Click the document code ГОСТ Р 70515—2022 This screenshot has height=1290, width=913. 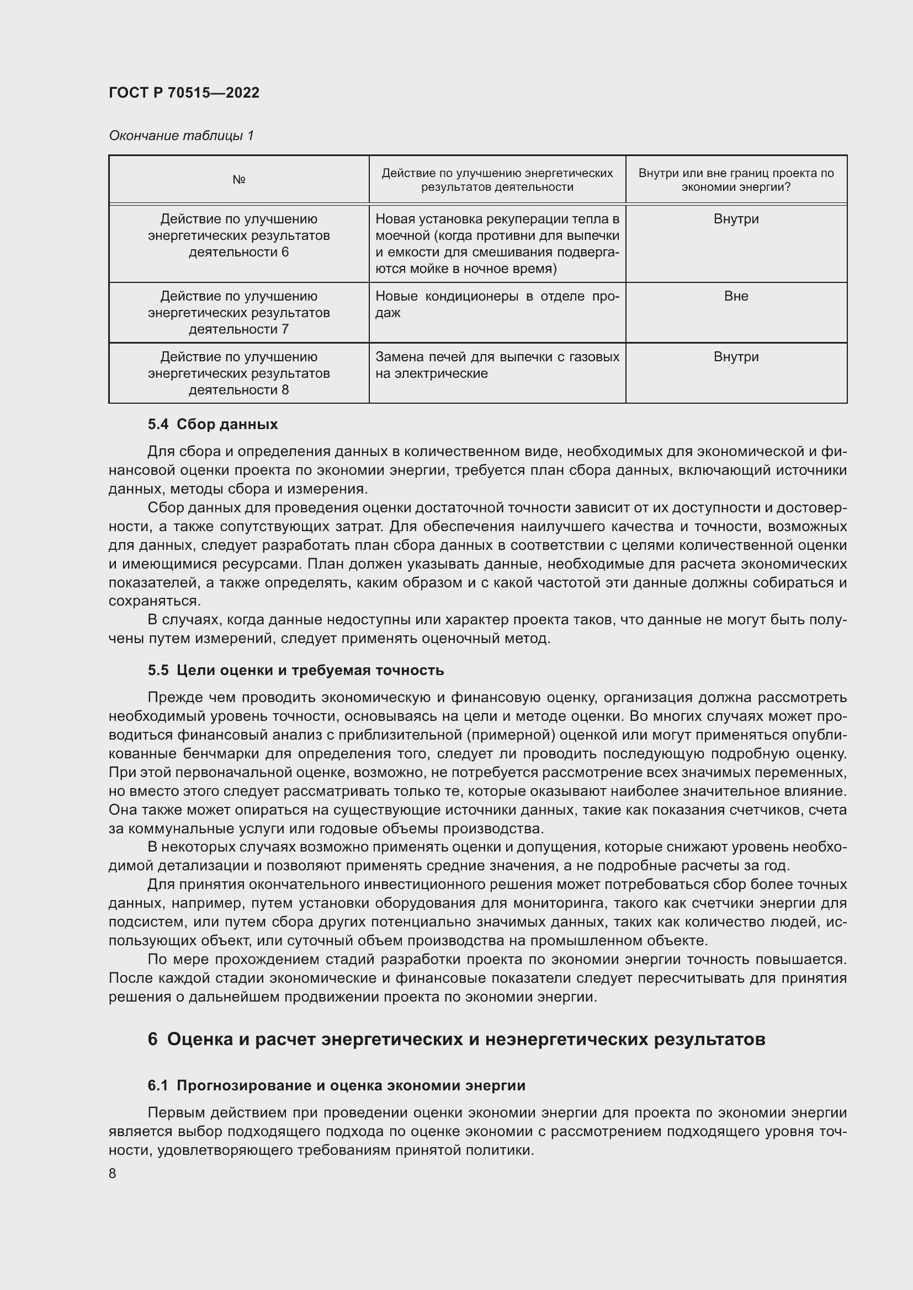(x=184, y=93)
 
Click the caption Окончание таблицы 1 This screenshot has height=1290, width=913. (x=181, y=136)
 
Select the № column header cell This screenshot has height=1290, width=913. (x=238, y=180)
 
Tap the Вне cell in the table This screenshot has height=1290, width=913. (x=735, y=296)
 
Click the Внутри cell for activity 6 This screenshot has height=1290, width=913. (x=735, y=219)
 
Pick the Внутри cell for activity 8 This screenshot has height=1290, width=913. (x=735, y=357)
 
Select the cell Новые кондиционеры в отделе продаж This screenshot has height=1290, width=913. (x=497, y=304)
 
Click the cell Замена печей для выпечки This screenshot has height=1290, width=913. (x=497, y=365)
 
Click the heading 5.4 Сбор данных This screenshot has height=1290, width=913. (x=213, y=424)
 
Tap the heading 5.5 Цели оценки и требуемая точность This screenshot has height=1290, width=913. (x=296, y=670)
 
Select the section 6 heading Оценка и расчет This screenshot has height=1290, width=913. (x=456, y=1040)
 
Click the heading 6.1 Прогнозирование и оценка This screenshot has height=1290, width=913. (x=336, y=1085)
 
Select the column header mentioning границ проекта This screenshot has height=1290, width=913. (x=735, y=180)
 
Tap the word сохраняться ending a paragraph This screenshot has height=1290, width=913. (x=154, y=601)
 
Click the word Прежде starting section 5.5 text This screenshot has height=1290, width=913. (x=173, y=698)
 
